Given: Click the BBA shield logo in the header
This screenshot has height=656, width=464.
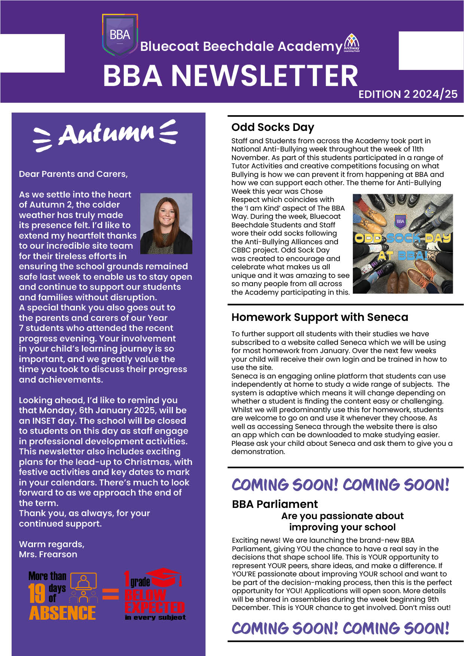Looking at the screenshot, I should point(120,36).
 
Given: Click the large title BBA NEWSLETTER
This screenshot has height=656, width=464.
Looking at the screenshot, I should point(231,76).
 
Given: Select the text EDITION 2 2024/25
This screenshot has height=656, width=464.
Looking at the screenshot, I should point(408,94).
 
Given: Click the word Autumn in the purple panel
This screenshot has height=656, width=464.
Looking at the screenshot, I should point(106,134).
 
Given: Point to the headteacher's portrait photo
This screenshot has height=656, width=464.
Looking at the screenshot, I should point(166,224).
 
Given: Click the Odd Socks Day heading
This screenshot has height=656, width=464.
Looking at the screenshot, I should point(273,127).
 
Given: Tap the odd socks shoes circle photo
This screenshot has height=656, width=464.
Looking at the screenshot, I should point(403,243).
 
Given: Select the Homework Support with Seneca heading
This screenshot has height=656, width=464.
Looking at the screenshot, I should point(320,317).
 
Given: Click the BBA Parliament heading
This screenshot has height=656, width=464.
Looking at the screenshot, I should point(275,504).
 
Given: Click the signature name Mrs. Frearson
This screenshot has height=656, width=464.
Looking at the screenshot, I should point(48,554).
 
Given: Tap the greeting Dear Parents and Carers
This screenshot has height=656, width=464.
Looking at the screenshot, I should point(73,174).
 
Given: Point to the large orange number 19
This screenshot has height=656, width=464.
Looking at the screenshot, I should point(37,594).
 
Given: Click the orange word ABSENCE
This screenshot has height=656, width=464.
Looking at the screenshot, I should point(62,613).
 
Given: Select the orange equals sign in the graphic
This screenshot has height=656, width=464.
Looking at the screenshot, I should point(110,594).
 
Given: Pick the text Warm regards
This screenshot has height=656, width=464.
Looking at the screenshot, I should point(52,544).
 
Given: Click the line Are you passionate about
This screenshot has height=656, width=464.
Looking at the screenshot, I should point(342,516).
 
